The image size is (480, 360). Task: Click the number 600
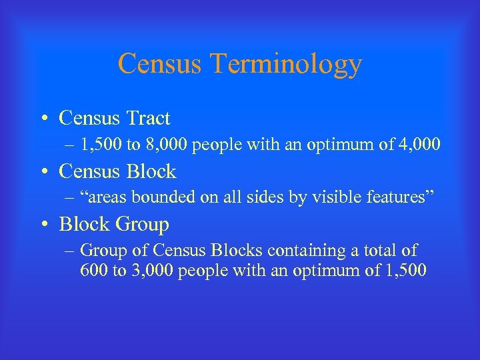(92, 271)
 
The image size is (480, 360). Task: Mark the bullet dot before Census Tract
(43, 119)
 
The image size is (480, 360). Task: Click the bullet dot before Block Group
(43, 225)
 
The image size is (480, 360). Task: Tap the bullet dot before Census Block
(43, 173)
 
